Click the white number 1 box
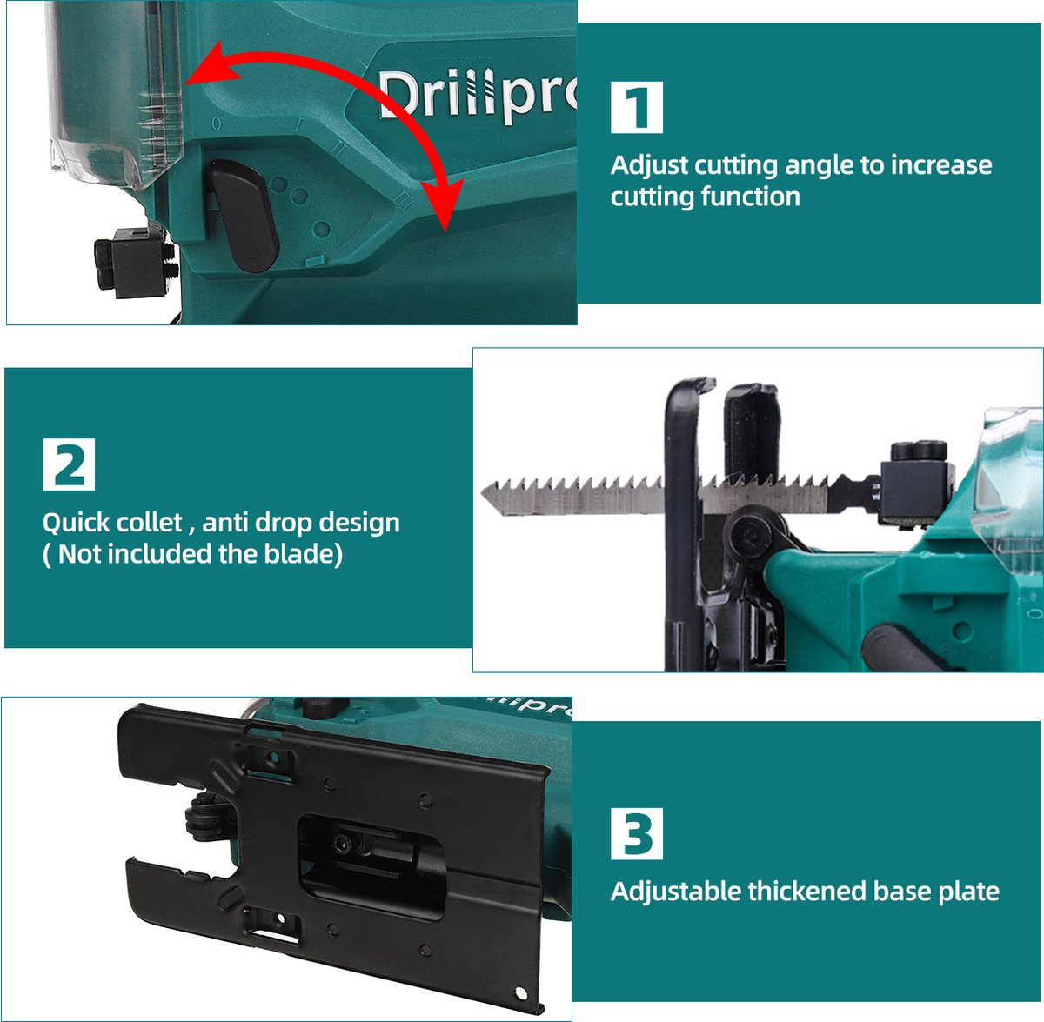click(637, 107)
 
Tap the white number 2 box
click(69, 464)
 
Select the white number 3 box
click(637, 833)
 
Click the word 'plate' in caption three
click(968, 892)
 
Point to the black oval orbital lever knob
click(244, 216)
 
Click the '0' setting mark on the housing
click(216, 124)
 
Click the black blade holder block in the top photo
click(134, 263)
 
